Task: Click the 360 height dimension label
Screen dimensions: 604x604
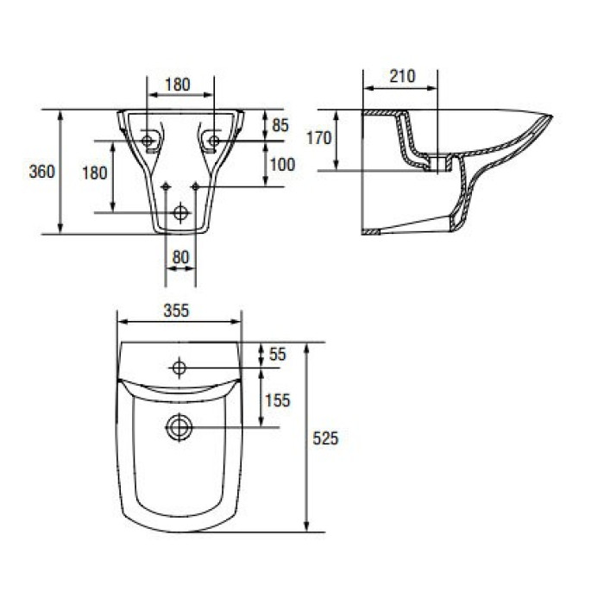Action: (x=42, y=172)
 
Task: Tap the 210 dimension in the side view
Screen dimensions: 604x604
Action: (x=403, y=76)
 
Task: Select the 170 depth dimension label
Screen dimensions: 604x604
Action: (x=319, y=137)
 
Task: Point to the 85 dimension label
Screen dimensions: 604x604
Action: (x=280, y=125)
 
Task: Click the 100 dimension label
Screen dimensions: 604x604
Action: (x=282, y=165)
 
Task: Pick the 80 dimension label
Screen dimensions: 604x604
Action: (x=180, y=257)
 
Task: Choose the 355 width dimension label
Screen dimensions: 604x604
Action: (x=176, y=310)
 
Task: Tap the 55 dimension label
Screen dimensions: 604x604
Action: (x=277, y=354)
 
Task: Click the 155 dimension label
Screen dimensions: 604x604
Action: (x=277, y=400)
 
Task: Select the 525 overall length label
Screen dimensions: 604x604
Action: (x=325, y=438)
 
